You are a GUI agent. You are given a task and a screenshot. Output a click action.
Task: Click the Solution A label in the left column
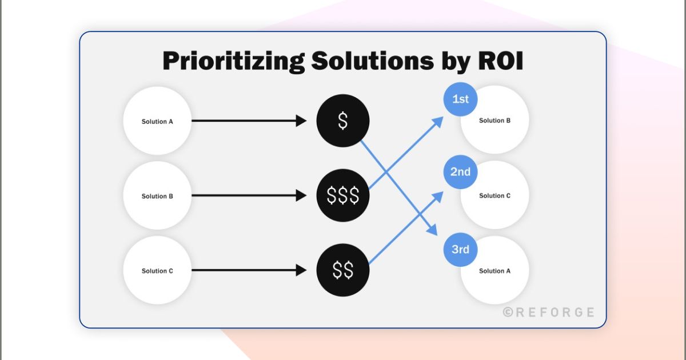[157, 121]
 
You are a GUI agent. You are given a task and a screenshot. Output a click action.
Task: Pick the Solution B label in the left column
[157, 196]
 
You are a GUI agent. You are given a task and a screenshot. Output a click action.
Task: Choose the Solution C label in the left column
[157, 271]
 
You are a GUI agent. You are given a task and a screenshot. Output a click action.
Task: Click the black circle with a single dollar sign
[343, 121]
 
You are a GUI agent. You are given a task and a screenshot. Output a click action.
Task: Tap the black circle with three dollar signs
[343, 196]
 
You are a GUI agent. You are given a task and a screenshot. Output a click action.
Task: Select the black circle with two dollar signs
[343, 271]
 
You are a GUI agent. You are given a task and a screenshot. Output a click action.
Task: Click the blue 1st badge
[460, 99]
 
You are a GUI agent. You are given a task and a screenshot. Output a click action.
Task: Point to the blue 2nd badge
[460, 171]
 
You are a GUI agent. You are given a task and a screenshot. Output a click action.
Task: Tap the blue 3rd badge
[460, 249]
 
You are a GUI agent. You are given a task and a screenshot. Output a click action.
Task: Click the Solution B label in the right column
[495, 121]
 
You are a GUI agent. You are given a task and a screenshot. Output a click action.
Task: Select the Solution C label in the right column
[495, 195]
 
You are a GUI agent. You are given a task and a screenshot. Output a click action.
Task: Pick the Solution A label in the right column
[495, 271]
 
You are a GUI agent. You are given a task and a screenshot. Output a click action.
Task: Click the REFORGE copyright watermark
[549, 312]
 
